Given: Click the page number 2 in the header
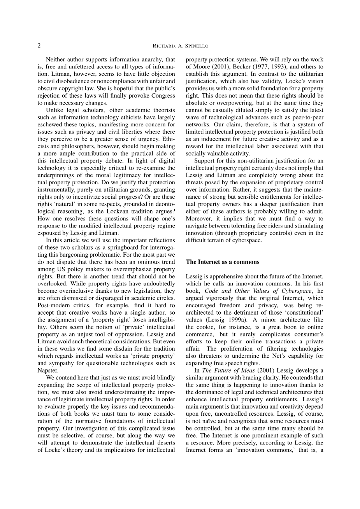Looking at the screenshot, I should [39, 45].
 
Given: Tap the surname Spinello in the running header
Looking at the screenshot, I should [196, 46].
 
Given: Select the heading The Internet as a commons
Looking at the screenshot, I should [223, 262].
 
